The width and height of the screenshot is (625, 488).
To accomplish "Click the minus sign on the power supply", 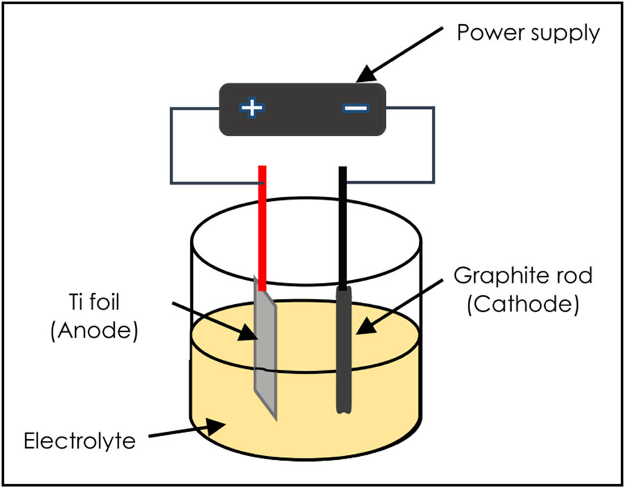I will pos(355,108).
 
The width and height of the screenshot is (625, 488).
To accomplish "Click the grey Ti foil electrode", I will pos(265,359).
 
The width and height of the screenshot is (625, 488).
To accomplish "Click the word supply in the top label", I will pos(565,33).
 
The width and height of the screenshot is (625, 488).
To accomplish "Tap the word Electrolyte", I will pos(79,441).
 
